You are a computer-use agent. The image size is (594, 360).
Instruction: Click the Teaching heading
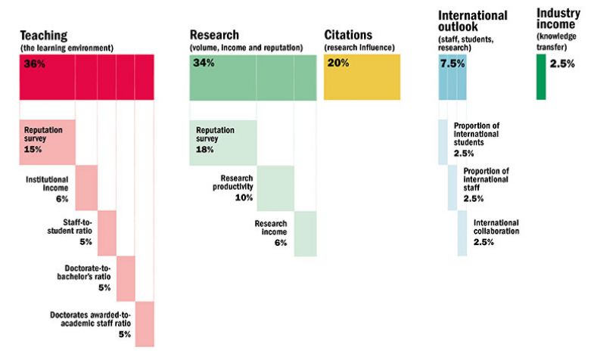point(43,36)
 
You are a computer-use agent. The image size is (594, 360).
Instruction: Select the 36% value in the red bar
point(35,64)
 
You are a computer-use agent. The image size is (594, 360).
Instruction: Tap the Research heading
point(215,35)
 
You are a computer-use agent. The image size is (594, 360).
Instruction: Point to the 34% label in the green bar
point(204,64)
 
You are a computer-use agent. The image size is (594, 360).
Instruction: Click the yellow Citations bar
point(362,77)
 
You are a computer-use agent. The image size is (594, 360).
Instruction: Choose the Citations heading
point(348,35)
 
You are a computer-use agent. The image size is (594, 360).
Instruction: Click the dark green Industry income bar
point(540,77)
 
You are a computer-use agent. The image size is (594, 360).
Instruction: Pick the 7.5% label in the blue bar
point(452,64)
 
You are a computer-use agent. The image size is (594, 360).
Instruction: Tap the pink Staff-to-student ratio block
point(107,233)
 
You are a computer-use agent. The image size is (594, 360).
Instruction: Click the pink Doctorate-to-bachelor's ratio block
point(126,278)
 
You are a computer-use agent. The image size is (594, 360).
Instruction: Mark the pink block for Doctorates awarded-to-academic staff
point(145,324)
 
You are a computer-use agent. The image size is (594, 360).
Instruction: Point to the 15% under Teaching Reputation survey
point(33,150)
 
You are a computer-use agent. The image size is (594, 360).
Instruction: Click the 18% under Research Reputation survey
point(205,150)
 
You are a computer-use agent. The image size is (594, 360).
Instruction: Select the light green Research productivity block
point(275,188)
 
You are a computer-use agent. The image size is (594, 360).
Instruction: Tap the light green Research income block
point(305,234)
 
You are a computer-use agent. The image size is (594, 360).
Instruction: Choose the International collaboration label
point(496,227)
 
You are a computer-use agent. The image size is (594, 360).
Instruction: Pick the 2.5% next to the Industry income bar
point(562,64)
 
